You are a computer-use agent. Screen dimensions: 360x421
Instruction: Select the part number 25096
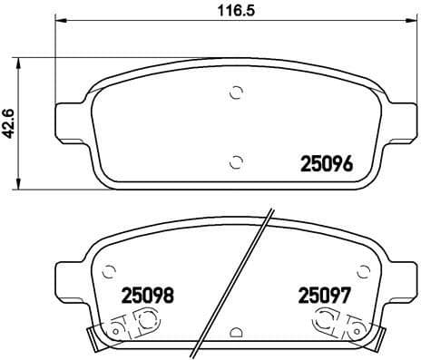(x=327, y=165)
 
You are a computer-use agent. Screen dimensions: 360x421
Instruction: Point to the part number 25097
(x=325, y=295)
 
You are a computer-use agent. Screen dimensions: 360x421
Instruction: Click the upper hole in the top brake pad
(x=237, y=92)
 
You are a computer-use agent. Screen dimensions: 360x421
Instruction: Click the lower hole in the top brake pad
(x=237, y=161)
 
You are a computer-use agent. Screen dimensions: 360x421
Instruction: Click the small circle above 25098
(x=110, y=269)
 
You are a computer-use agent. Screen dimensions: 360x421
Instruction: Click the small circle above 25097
(x=363, y=269)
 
